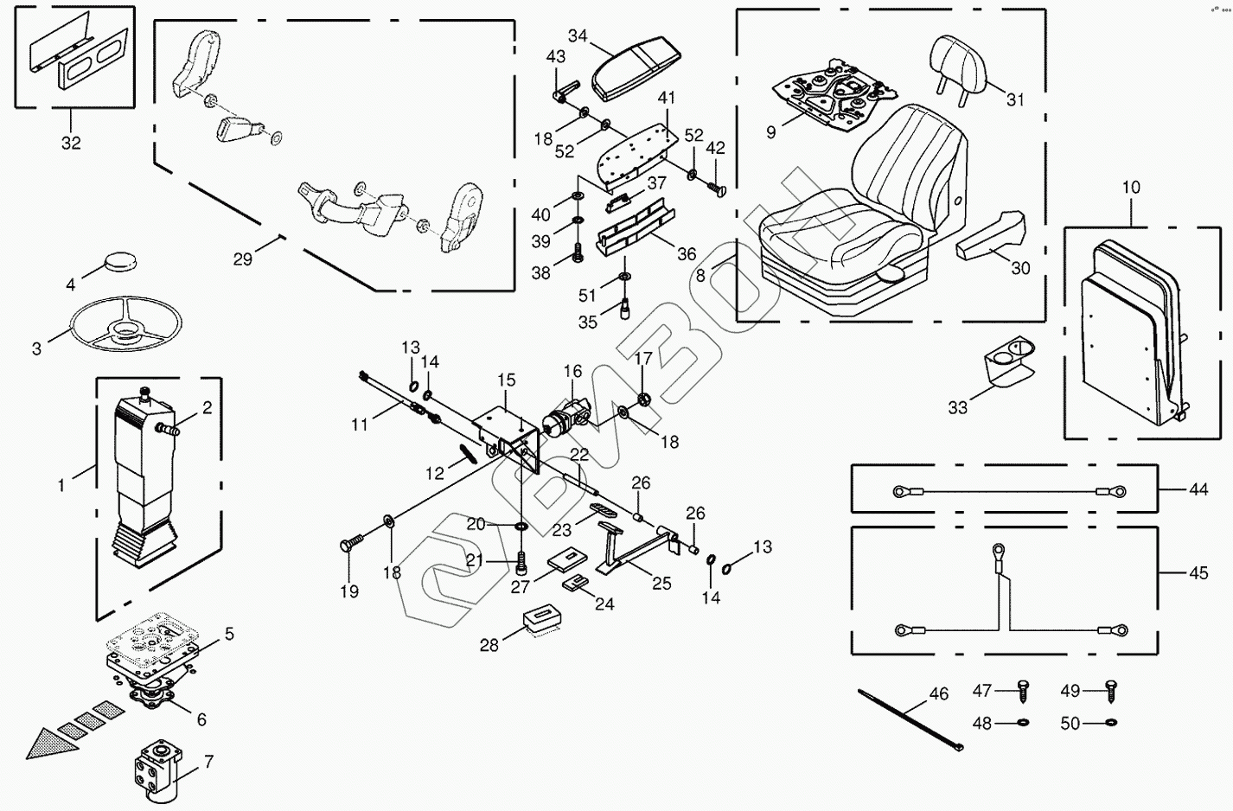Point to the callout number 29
click(x=243, y=258)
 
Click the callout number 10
click(x=1131, y=188)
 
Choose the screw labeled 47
click(x=1024, y=691)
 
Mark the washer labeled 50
click(x=1111, y=722)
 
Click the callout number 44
click(x=1198, y=489)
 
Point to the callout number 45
click(x=1198, y=573)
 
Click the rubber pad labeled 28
click(x=544, y=620)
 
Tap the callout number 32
click(x=71, y=143)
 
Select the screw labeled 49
click(x=1110, y=690)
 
